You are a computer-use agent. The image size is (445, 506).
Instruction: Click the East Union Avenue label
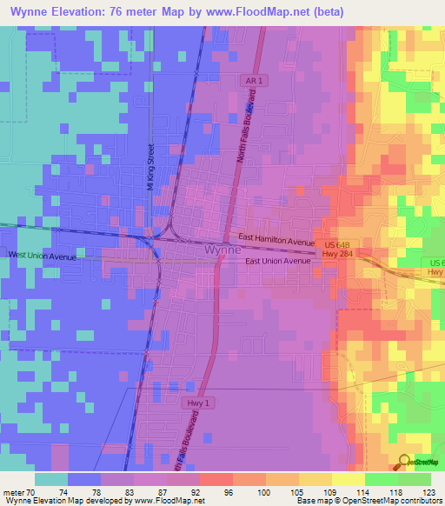point(277,261)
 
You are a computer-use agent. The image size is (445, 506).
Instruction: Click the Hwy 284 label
point(331,255)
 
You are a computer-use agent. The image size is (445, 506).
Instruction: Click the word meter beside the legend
point(13,492)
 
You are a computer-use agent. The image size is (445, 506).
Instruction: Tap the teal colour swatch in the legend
point(50,479)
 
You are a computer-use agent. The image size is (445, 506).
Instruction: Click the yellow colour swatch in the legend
point(348,479)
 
